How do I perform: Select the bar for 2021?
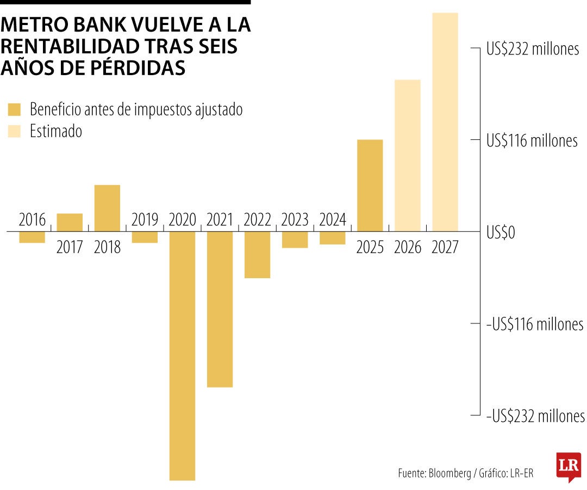point(220,309)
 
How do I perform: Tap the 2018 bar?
point(107,208)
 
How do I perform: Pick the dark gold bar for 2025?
point(370,185)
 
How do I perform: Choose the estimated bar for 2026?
point(408,155)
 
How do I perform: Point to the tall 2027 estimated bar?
point(445,121)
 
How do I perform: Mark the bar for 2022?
point(257,255)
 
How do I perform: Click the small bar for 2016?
point(32,237)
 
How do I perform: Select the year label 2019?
point(145,220)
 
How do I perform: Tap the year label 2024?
point(333,220)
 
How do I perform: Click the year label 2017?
point(70,247)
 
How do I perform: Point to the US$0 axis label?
point(501,233)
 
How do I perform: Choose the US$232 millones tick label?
point(533,49)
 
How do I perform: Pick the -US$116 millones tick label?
point(535,325)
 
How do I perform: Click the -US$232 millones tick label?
point(535,416)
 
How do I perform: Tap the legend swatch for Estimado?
point(14,131)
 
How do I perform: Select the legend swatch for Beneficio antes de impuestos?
point(14,109)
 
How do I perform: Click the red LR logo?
point(567,466)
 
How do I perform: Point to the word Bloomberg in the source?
point(450,473)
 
